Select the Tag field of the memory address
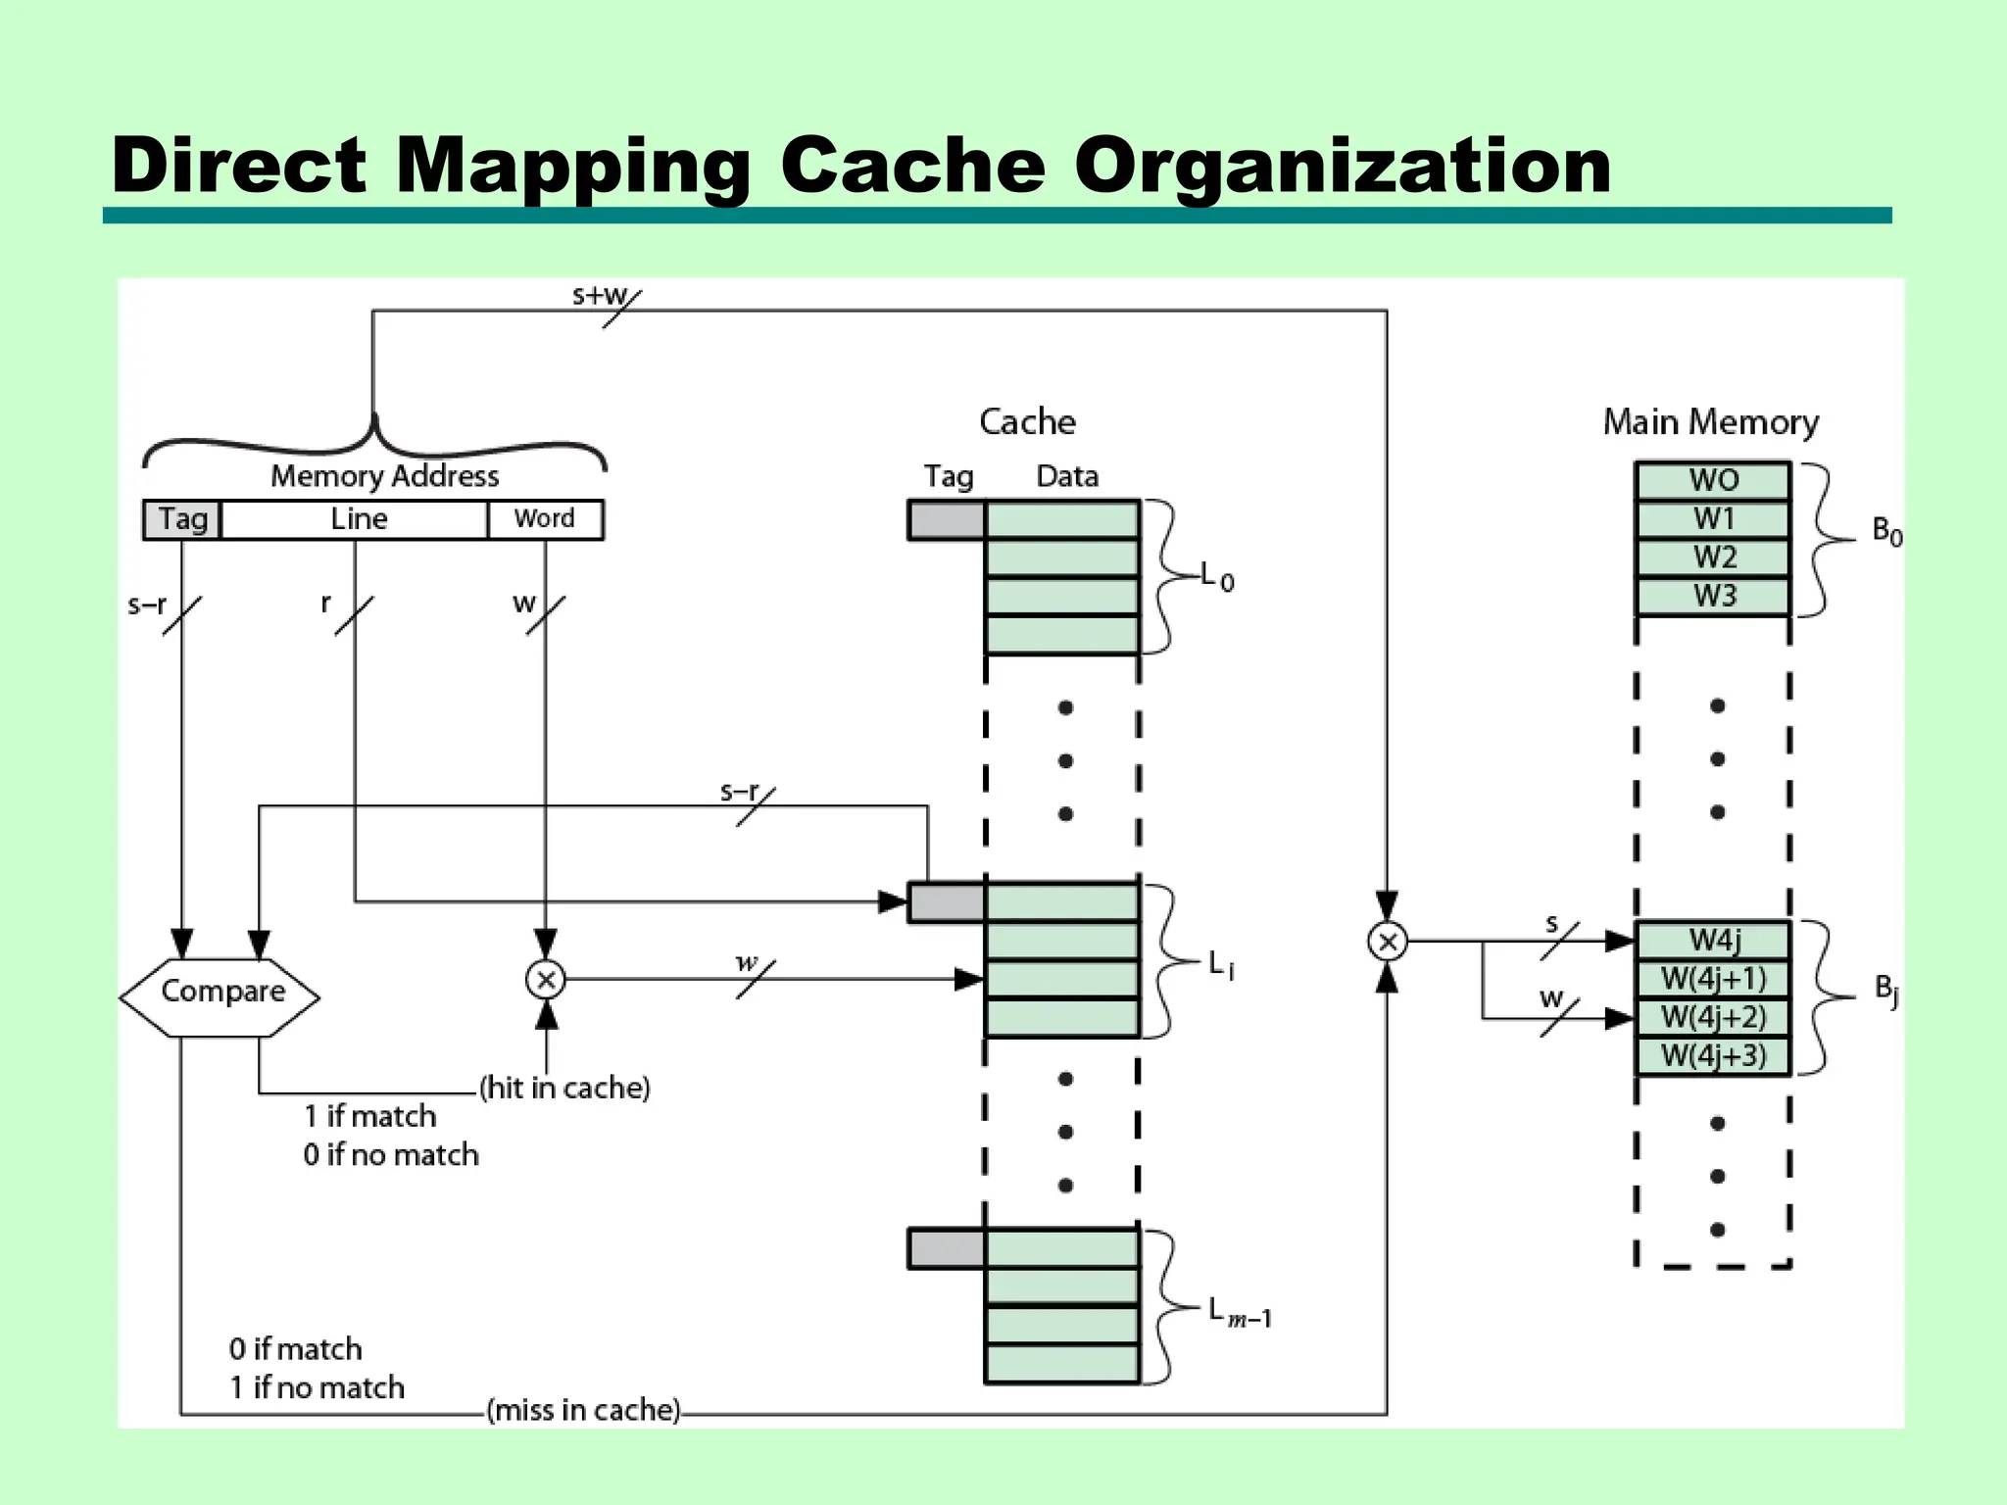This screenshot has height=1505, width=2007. [182, 519]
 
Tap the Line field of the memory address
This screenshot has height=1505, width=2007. [357, 519]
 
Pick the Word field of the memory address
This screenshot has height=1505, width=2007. [545, 519]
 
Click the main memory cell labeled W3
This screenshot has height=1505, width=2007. [1713, 596]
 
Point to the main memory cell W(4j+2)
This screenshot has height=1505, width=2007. [1713, 1017]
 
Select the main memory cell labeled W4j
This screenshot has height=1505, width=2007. [1713, 941]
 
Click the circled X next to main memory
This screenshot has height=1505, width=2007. [1387, 942]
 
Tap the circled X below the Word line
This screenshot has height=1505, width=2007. [546, 979]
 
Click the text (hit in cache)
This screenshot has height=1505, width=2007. [564, 1088]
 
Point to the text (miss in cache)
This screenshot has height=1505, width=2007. [584, 1410]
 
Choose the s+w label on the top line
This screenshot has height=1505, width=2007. [600, 295]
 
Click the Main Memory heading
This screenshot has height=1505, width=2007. [1710, 422]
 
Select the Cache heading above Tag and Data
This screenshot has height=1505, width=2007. [1027, 422]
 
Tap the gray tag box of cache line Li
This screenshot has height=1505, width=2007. [947, 902]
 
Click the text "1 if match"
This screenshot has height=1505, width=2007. [370, 1116]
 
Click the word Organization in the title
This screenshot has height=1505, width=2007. [1342, 165]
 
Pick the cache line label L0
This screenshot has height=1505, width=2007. [1217, 578]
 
